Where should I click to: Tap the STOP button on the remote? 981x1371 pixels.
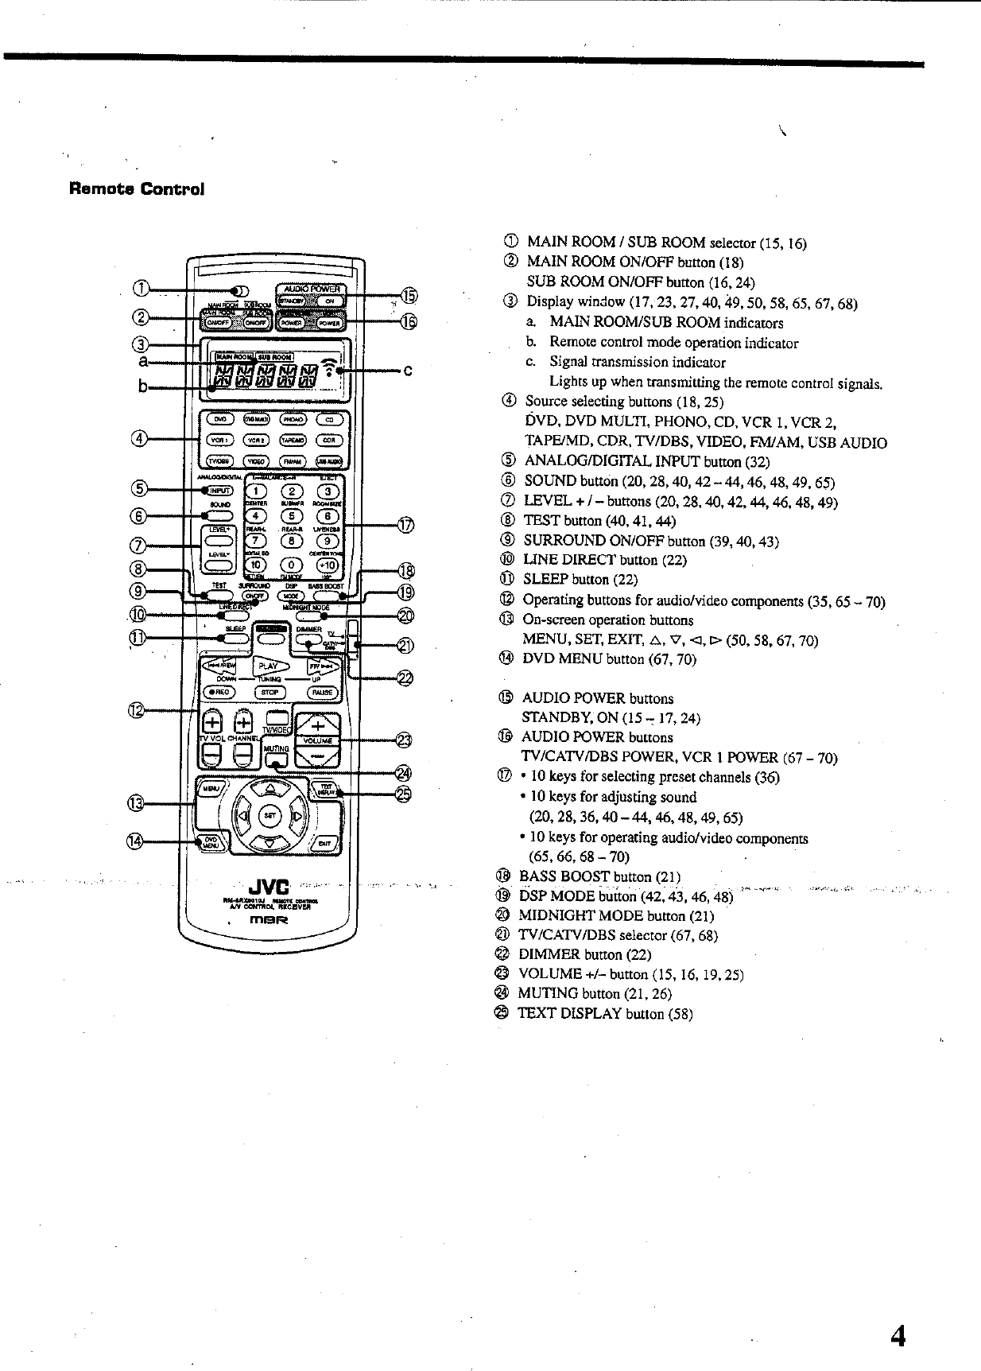[x=269, y=693]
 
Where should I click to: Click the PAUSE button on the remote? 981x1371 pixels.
[x=323, y=693]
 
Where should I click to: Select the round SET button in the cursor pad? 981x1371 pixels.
[x=269, y=817]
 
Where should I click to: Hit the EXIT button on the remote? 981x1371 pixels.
[x=324, y=843]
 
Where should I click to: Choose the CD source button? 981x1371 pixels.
[x=328, y=419]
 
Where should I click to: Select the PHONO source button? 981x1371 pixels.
[x=293, y=419]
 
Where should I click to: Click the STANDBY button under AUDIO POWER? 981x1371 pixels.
[x=290, y=301]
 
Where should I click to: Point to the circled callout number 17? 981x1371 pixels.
[x=405, y=525]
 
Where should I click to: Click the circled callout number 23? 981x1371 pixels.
[x=404, y=740]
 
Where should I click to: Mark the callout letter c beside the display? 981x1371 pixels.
[x=407, y=371]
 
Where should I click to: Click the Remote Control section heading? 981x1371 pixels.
[x=137, y=189]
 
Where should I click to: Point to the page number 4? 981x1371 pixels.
[x=898, y=1337]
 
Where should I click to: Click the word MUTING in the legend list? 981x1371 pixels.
[x=548, y=993]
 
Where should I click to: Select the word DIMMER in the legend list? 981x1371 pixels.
[x=549, y=954]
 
